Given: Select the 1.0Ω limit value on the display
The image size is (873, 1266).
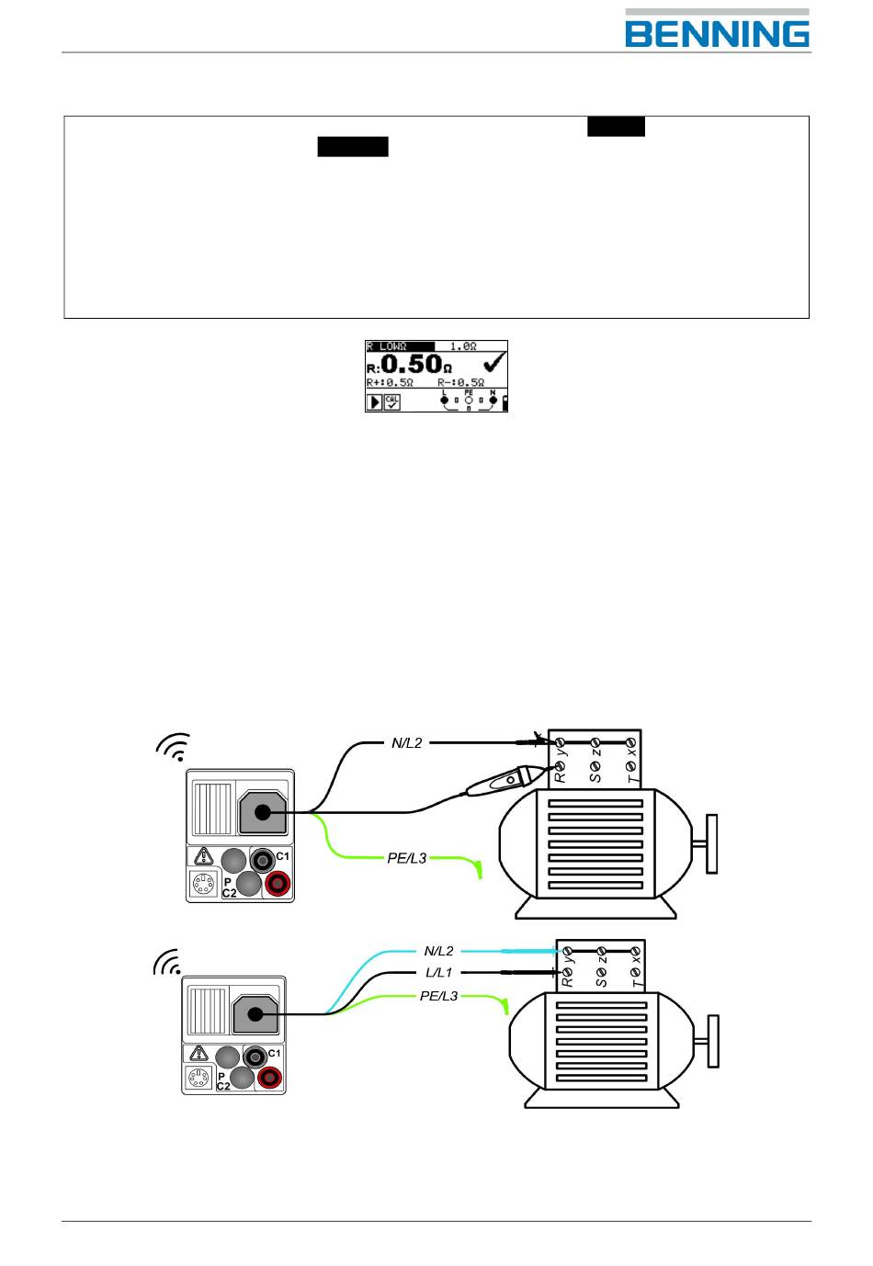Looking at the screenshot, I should pos(463,346).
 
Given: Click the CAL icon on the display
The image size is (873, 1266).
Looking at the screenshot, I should pos(392,402).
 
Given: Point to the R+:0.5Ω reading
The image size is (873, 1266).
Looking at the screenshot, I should pos(390,382).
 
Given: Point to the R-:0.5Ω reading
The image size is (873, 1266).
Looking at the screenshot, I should pos(461,382).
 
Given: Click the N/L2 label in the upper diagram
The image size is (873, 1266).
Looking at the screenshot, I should pos(407,742).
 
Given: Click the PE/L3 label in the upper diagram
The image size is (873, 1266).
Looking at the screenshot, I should pos(407,858).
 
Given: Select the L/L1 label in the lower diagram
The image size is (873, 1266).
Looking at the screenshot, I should pos(439,972).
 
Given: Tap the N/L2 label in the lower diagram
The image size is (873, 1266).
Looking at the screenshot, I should pos(439,951).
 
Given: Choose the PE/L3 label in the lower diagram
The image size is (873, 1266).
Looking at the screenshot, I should pos(439,996).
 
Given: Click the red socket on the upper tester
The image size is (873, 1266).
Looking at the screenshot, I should pos(278,884).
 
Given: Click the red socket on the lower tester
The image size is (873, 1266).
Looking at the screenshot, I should pos(269,1077).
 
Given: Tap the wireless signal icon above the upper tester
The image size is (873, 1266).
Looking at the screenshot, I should pos(174,748).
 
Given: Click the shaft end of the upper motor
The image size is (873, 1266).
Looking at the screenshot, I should pos(711,843).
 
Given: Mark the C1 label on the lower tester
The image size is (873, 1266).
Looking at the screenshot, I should pos(274,1053).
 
